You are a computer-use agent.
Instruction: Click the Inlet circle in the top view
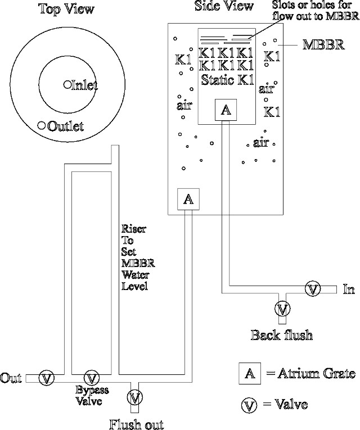[x=67, y=84]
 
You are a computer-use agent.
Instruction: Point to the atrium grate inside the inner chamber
[x=226, y=110]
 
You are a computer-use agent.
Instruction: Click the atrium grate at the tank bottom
[x=188, y=198]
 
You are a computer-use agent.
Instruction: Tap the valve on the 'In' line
[x=312, y=289]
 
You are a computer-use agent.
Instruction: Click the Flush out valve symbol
[x=134, y=397]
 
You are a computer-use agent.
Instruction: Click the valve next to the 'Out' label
[x=47, y=378]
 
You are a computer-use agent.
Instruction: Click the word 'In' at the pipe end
[x=349, y=289]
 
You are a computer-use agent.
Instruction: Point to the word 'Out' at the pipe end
[x=11, y=377]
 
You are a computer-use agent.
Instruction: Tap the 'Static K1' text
[x=227, y=79]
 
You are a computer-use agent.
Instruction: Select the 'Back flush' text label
[x=281, y=335]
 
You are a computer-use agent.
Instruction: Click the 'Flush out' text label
[x=136, y=423]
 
